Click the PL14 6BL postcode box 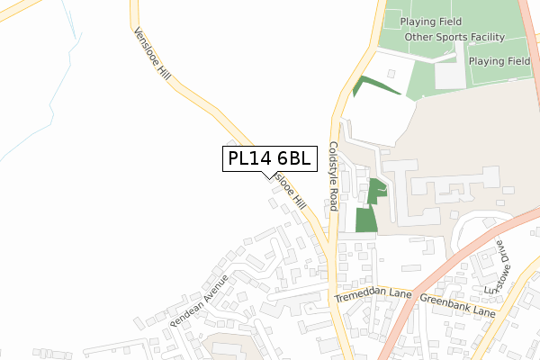(x=269, y=159)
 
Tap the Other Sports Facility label (x=454, y=37)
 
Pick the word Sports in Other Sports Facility (x=455, y=37)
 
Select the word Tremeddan (x=361, y=295)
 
